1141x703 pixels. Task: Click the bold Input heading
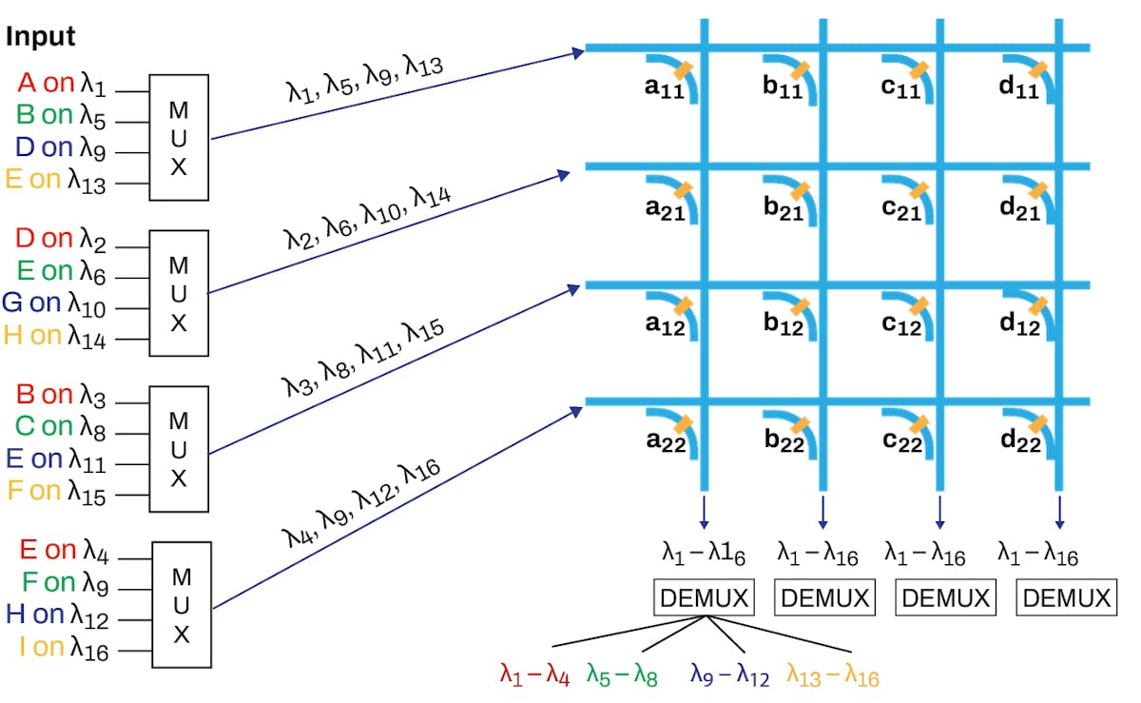point(41,38)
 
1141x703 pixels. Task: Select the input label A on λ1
point(61,85)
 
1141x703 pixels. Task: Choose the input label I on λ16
point(64,649)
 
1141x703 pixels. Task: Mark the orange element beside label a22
point(683,423)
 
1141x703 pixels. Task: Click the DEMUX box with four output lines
point(705,597)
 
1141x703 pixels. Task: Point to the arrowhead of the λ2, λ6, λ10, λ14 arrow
point(565,173)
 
